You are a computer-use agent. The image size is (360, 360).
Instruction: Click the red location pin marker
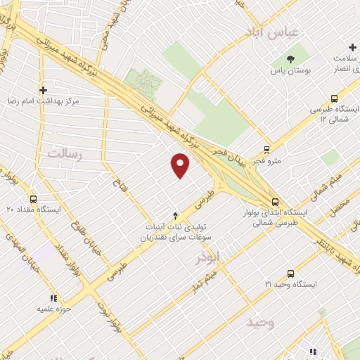(181, 165)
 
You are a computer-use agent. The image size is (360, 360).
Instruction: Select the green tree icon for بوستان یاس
(292, 59)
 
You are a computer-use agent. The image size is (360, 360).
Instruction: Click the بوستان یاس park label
(292, 72)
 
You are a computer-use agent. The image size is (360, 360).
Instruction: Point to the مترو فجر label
(269, 161)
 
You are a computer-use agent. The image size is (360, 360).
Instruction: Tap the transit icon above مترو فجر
(266, 149)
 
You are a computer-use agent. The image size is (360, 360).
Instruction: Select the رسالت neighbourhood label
(65, 153)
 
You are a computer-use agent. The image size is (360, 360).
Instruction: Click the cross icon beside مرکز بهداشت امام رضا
(44, 90)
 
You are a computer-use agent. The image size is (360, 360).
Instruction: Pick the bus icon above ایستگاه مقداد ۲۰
(34, 199)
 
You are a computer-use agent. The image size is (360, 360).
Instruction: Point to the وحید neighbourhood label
(259, 323)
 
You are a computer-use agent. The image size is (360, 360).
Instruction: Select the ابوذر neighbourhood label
(229, 257)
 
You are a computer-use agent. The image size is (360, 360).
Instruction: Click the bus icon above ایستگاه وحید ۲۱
(290, 274)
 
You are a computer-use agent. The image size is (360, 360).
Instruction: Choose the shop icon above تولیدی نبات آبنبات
(175, 215)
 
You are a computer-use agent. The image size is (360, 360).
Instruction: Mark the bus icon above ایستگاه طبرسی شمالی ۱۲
(333, 99)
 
